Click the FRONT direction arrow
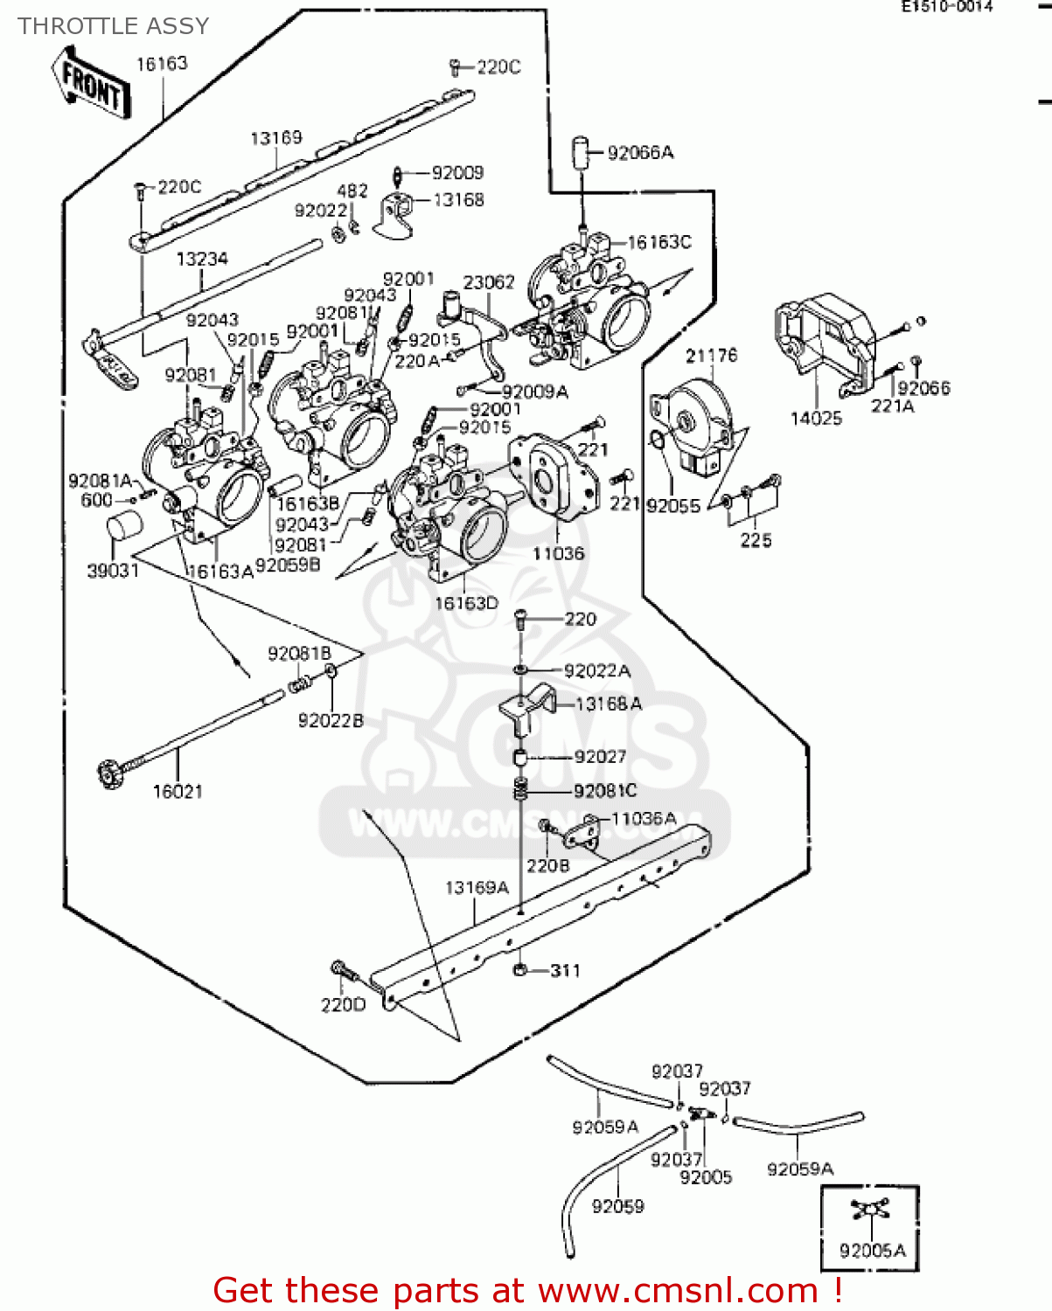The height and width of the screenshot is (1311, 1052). pyautogui.click(x=91, y=84)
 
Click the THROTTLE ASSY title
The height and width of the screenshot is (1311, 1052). pyautogui.click(x=114, y=26)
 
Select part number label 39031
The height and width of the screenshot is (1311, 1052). pyautogui.click(x=113, y=571)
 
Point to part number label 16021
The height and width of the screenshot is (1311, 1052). pyautogui.click(x=178, y=792)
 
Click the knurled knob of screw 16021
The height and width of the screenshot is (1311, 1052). pyautogui.click(x=110, y=773)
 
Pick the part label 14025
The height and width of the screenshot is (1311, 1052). pyautogui.click(x=816, y=419)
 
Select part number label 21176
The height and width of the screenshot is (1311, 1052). pyautogui.click(x=711, y=356)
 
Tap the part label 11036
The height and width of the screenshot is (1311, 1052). pyautogui.click(x=558, y=553)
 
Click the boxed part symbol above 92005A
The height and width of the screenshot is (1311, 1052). pyautogui.click(x=869, y=1210)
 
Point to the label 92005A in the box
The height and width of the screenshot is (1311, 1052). pyautogui.click(x=872, y=1251)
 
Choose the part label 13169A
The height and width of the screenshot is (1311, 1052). pyautogui.click(x=477, y=888)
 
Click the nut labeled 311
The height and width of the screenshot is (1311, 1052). pyautogui.click(x=519, y=970)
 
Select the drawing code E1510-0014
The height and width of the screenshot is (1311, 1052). pyautogui.click(x=948, y=6)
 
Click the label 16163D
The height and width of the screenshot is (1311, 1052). pyautogui.click(x=466, y=603)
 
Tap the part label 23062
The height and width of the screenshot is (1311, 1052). pyautogui.click(x=489, y=282)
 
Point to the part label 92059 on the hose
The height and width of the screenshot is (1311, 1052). pyautogui.click(x=617, y=1206)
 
